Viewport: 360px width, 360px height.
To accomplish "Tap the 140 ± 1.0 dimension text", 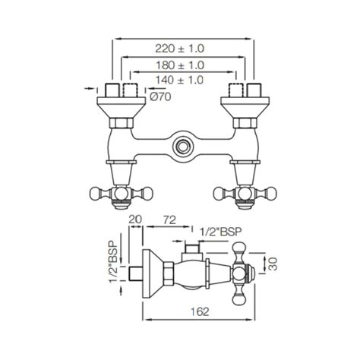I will point(180,79).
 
